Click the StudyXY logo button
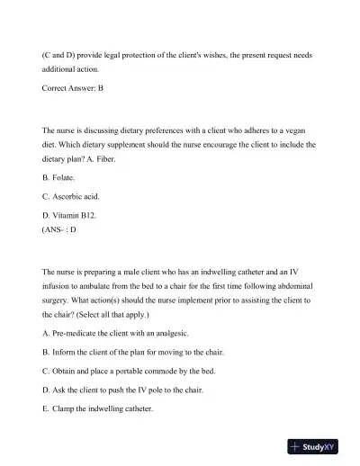(320, 445)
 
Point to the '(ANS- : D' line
(59, 229)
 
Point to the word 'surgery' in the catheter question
(58, 300)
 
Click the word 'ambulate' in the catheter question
(96, 283)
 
